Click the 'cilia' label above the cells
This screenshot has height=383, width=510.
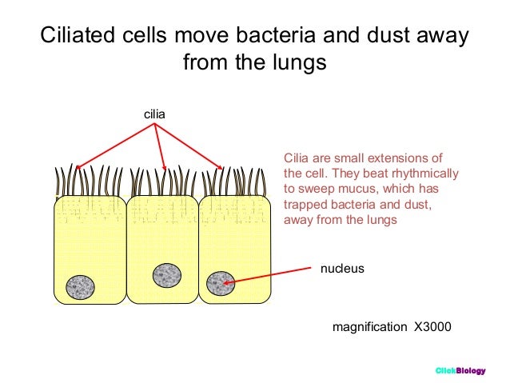pos(154,115)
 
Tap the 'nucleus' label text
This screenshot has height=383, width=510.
pos(342,269)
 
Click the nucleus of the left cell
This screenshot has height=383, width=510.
pos(81,288)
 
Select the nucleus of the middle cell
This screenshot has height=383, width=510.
pos(167,275)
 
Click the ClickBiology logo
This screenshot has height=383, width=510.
pos(460,370)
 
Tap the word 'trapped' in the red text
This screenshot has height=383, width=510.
pos(305,205)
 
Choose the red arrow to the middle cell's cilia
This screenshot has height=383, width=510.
pos(160,148)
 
